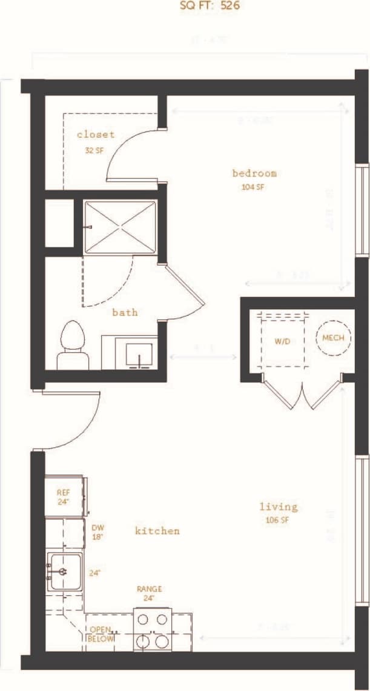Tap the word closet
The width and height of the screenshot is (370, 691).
96,135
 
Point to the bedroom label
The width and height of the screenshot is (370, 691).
254,173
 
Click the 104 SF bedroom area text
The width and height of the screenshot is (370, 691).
253,187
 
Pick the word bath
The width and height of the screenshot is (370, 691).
125,313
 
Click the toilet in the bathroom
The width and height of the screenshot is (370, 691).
73,345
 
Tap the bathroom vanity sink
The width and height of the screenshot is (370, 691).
140,353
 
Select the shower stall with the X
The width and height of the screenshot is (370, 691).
120,225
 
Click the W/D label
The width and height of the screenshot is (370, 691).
282,342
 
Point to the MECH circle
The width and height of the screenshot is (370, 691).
333,338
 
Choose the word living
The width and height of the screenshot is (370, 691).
279,507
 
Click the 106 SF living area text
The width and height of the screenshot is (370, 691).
278,520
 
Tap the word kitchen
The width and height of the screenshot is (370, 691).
157,531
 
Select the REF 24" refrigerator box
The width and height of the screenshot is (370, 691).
64,497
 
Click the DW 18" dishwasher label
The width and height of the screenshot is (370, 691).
98,532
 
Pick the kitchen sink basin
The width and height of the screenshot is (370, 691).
65,572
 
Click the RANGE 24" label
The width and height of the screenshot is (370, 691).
149,593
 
